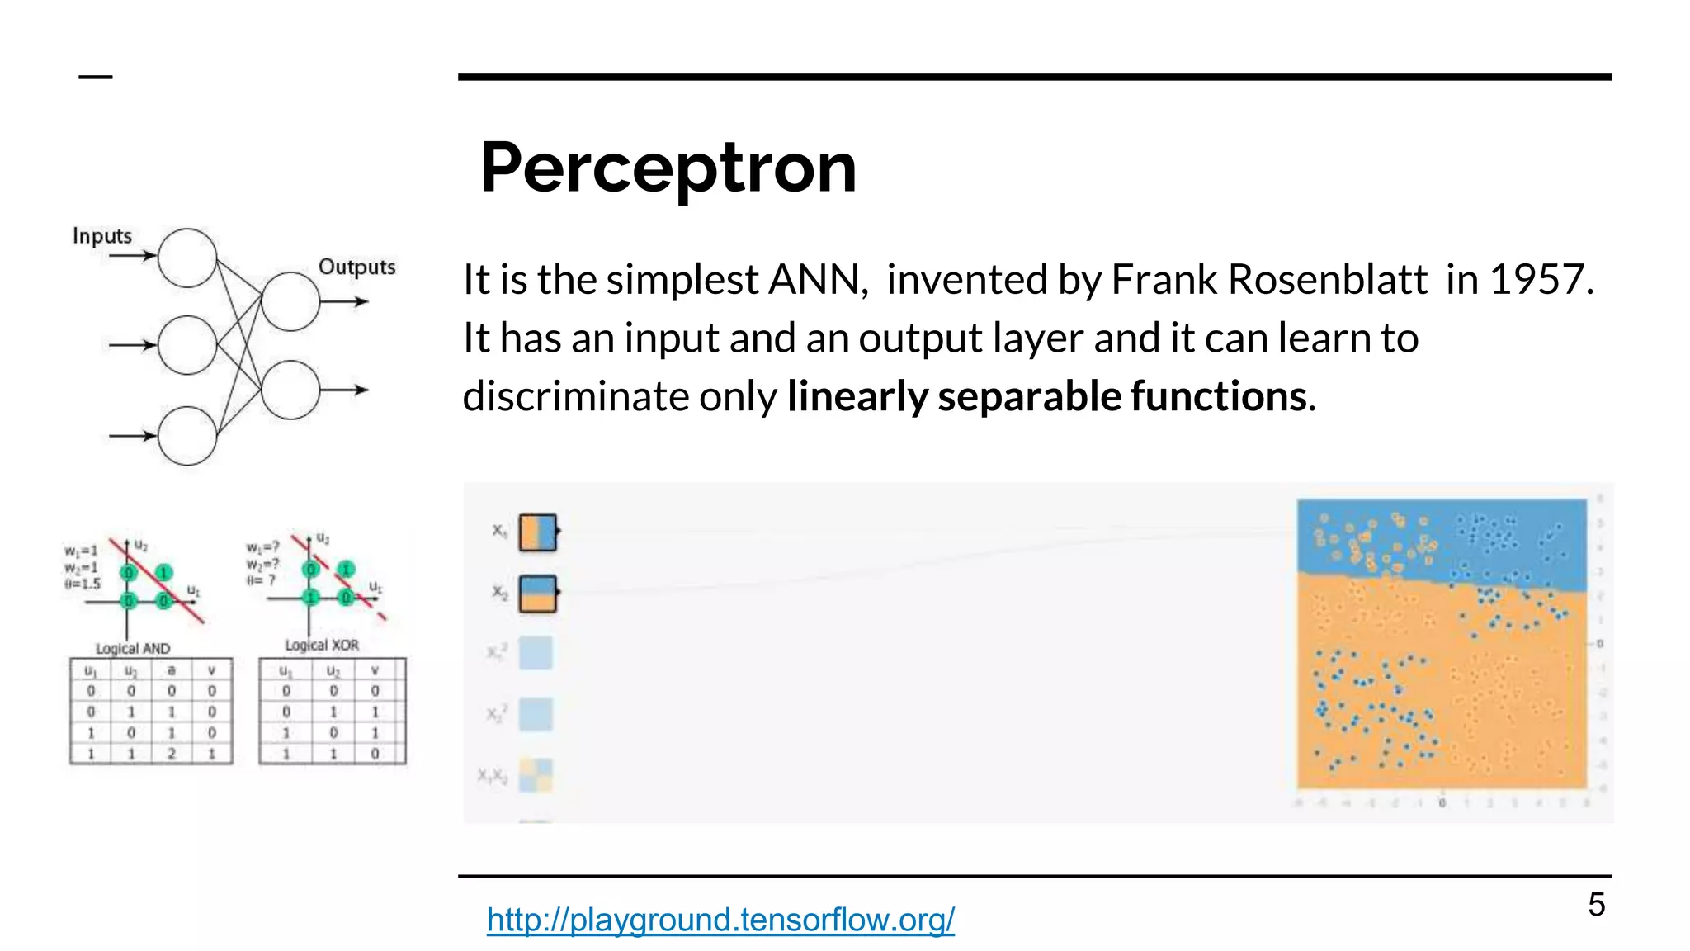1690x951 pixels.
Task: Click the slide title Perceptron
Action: pos(668,168)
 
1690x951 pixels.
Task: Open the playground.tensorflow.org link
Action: pos(720,920)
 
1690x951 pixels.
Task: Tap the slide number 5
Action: pos(1596,905)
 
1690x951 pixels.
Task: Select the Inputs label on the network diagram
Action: pos(102,236)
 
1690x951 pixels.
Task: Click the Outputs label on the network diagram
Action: pos(356,267)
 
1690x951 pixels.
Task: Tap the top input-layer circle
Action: pos(187,258)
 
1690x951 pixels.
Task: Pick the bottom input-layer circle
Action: pos(187,436)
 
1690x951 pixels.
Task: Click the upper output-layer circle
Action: pos(290,301)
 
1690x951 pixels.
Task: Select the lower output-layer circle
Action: pos(290,390)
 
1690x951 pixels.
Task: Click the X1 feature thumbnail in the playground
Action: pos(537,532)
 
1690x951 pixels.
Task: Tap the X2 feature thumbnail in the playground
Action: pos(537,594)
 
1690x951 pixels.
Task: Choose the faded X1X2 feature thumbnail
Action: pos(536,775)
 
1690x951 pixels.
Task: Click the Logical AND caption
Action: pos(133,649)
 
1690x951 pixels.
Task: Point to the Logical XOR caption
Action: pos(322,645)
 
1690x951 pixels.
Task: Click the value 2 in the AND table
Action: pos(172,754)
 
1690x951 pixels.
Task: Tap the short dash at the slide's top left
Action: pos(96,78)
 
